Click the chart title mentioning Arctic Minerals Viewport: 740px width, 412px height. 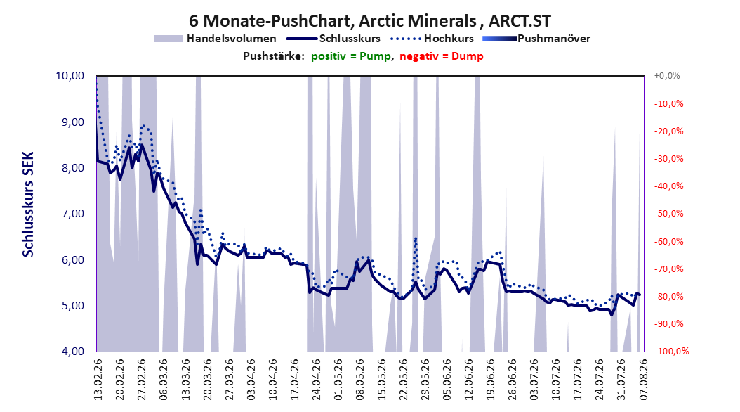tap(369, 21)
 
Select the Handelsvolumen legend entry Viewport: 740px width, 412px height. tap(216, 39)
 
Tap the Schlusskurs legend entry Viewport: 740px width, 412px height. tap(333, 39)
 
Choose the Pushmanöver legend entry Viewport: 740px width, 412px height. tap(536, 39)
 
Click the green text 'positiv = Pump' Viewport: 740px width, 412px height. tap(351, 56)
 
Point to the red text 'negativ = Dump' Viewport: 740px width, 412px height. tap(442, 56)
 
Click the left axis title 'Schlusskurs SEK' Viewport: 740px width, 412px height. tap(28, 204)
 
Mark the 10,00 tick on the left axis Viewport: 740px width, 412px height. tap(70, 76)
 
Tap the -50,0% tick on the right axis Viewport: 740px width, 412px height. tap(668, 214)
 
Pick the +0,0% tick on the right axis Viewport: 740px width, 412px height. tap(667, 76)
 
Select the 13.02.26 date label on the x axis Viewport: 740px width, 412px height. tap(98, 380)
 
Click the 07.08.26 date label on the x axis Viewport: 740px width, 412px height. tap(644, 380)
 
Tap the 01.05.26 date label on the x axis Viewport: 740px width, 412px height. tap(338, 380)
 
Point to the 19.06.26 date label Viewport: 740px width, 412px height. tap(491, 380)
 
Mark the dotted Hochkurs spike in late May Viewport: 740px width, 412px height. tap(416, 238)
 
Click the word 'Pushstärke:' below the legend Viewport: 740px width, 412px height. tap(274, 56)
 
